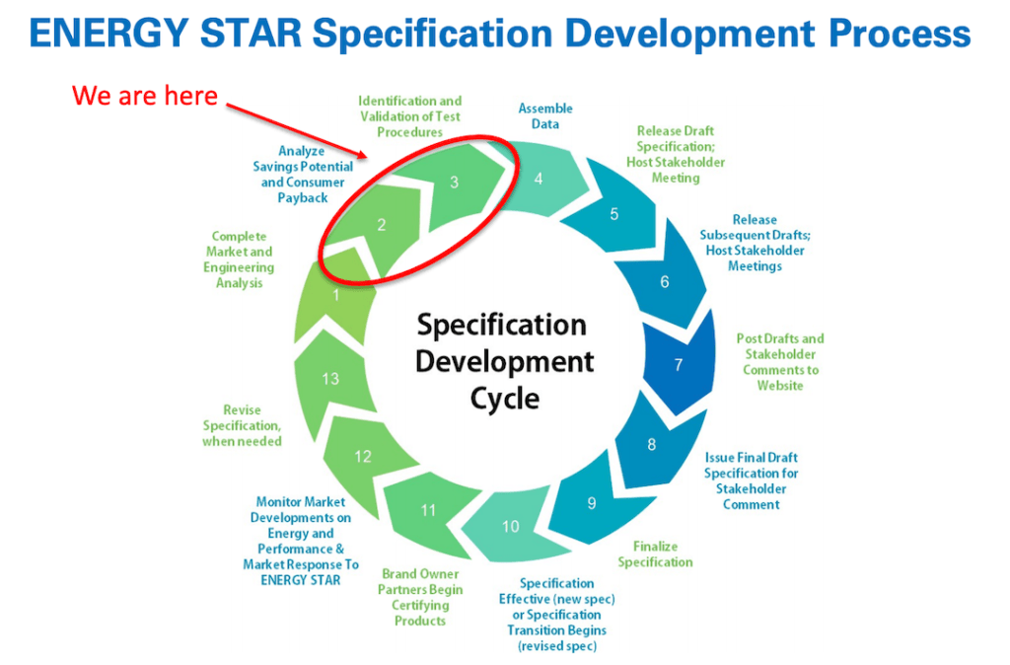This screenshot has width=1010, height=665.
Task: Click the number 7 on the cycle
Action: click(678, 365)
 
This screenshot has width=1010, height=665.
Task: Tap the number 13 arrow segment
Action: click(331, 379)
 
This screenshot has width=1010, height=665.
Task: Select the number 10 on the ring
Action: click(510, 527)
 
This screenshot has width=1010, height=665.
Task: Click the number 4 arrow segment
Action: click(539, 180)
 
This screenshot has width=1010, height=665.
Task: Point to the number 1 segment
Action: click(336, 294)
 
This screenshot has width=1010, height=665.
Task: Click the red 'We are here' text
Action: click(144, 97)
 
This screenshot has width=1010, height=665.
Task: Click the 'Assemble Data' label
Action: click(545, 116)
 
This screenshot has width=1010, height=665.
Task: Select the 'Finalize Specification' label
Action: click(655, 554)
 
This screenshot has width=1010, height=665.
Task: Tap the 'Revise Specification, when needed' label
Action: click(243, 425)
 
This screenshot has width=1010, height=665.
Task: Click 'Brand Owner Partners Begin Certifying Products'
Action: click(420, 597)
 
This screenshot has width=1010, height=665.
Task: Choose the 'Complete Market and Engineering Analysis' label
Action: click(240, 260)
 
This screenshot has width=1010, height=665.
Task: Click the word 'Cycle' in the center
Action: click(504, 399)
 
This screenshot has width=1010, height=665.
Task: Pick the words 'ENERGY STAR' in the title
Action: click(164, 36)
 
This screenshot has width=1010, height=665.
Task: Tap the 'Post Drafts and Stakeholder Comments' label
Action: click(780, 362)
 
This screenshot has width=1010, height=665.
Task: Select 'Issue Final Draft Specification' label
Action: click(752, 480)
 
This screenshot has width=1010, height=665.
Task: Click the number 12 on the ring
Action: click(363, 457)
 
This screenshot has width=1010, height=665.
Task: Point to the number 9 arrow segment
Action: click(592, 503)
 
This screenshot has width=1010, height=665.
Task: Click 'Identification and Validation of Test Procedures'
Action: click(409, 116)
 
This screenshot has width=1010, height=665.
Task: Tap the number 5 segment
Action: click(614, 214)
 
